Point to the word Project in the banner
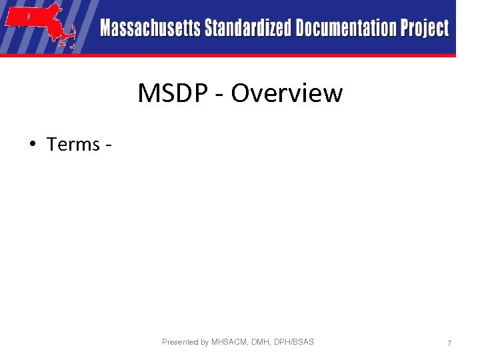click(425, 29)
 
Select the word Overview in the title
click(287, 93)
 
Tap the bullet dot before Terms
click(33, 144)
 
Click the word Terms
click(73, 144)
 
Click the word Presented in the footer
click(181, 342)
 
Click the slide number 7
click(449, 343)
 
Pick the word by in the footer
click(205, 342)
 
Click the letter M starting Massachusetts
click(107, 29)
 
